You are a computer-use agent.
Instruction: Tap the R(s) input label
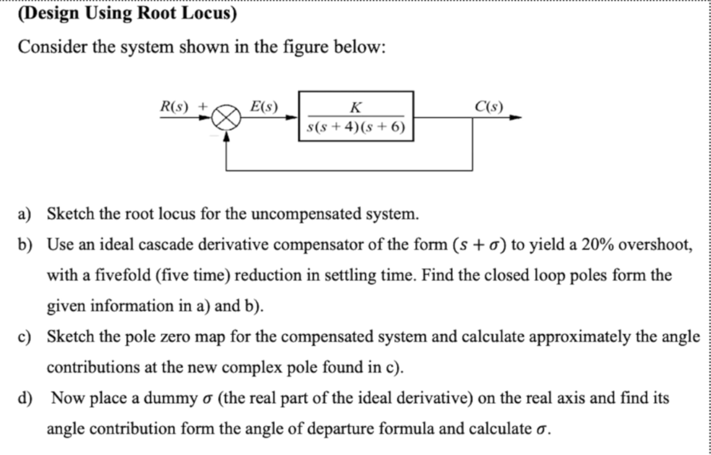click(x=174, y=106)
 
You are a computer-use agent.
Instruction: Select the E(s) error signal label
click(x=264, y=106)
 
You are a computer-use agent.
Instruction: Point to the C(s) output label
click(x=489, y=106)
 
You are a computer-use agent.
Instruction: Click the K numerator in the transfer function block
click(x=355, y=107)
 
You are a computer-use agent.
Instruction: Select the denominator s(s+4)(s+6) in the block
click(x=355, y=126)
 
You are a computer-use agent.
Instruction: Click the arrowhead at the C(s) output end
click(x=515, y=118)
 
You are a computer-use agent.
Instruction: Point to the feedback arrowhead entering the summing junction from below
click(x=226, y=136)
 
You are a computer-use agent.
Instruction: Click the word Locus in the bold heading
click(x=209, y=14)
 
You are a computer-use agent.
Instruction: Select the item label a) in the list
click(x=24, y=215)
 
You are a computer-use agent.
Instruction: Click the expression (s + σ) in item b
click(x=477, y=245)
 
